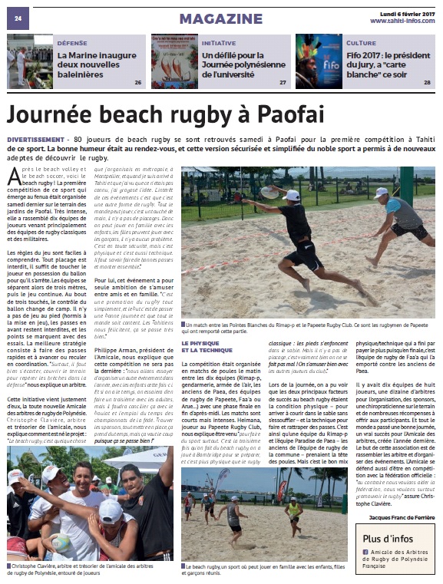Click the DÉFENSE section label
pos(71,44)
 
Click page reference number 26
pos(138,82)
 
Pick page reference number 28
pos(427,82)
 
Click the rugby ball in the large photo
pos(269,192)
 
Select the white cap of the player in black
pos(291,196)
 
